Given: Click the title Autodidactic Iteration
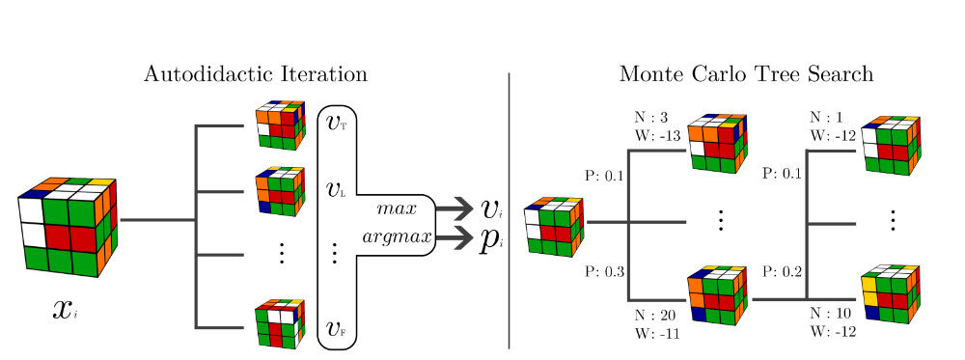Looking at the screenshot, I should point(255,73).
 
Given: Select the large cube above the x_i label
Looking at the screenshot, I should point(68,227).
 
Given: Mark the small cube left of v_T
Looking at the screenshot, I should point(280,125).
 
